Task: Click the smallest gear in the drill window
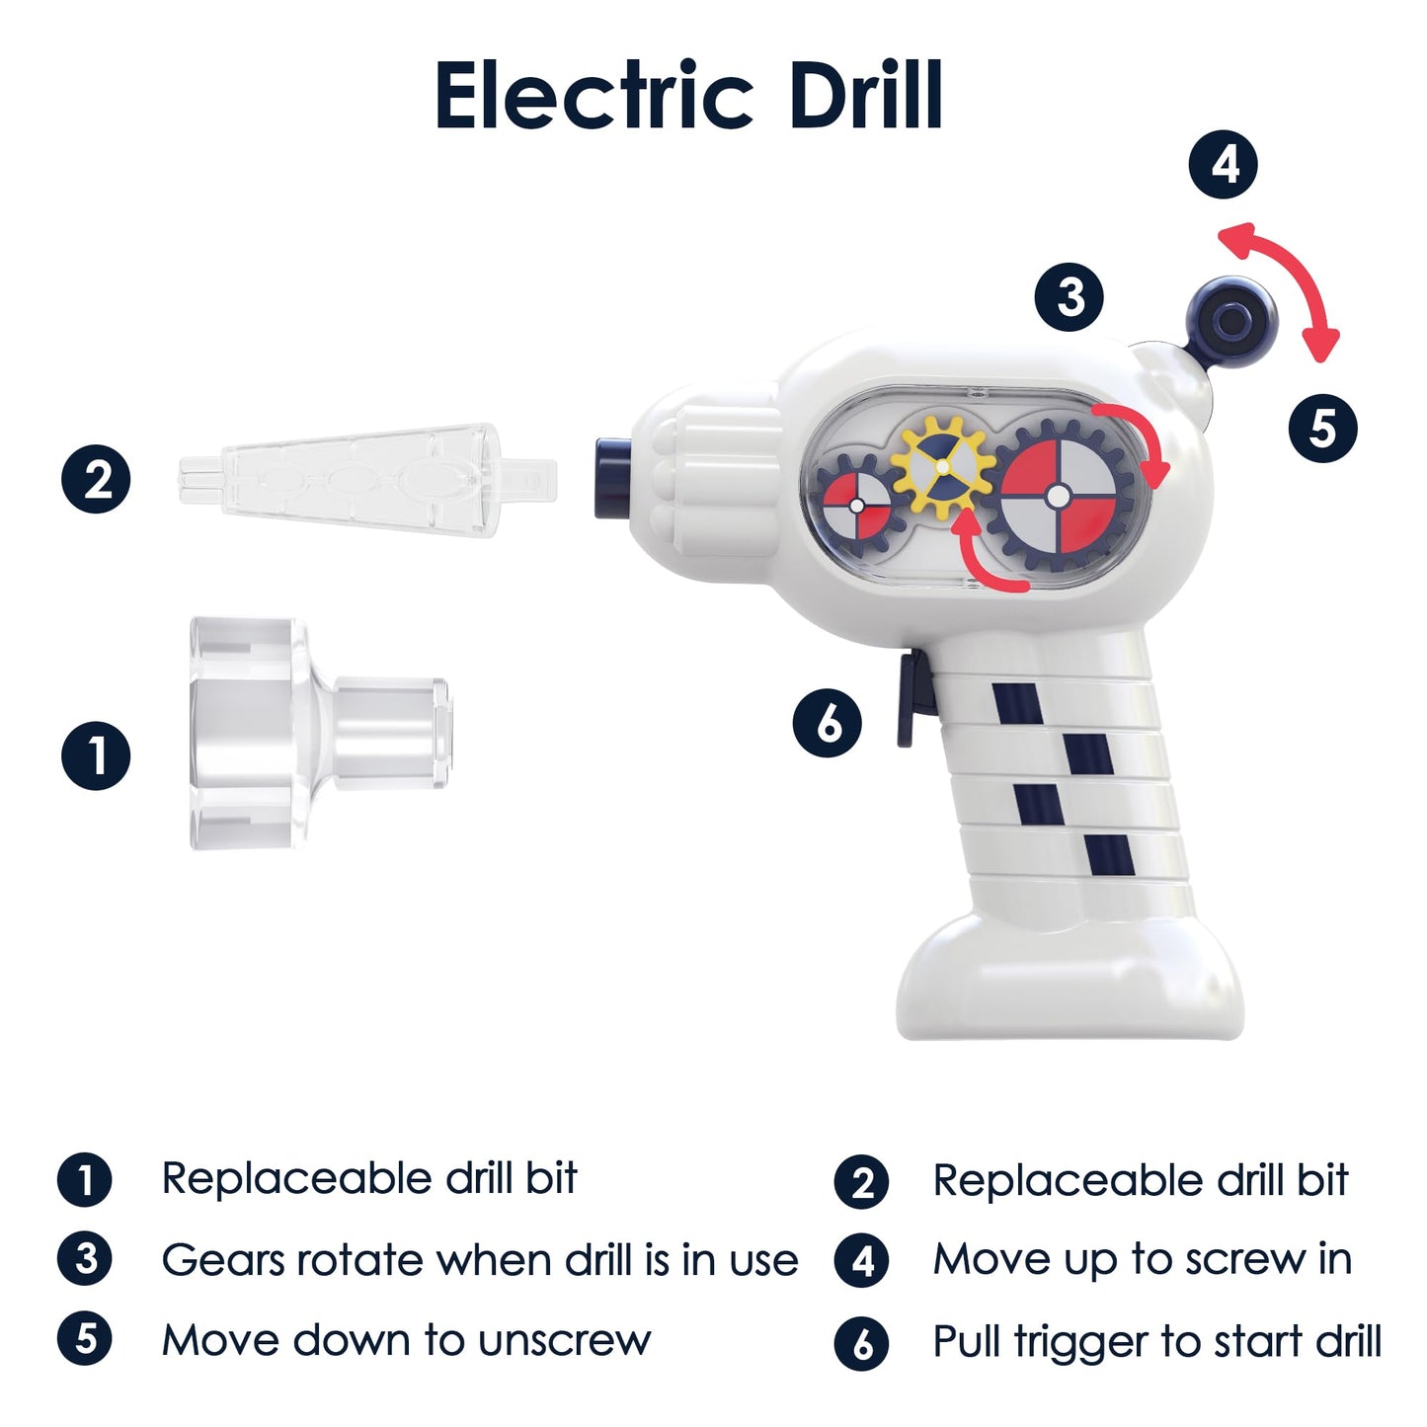point(857,505)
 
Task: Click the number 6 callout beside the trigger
point(828,723)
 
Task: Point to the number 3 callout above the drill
point(1070,297)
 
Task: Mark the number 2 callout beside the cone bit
point(96,480)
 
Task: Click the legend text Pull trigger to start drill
point(1156,1342)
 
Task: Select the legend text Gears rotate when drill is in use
point(480,1261)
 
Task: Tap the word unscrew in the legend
point(564,1341)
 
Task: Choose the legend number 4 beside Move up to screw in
point(863,1261)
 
